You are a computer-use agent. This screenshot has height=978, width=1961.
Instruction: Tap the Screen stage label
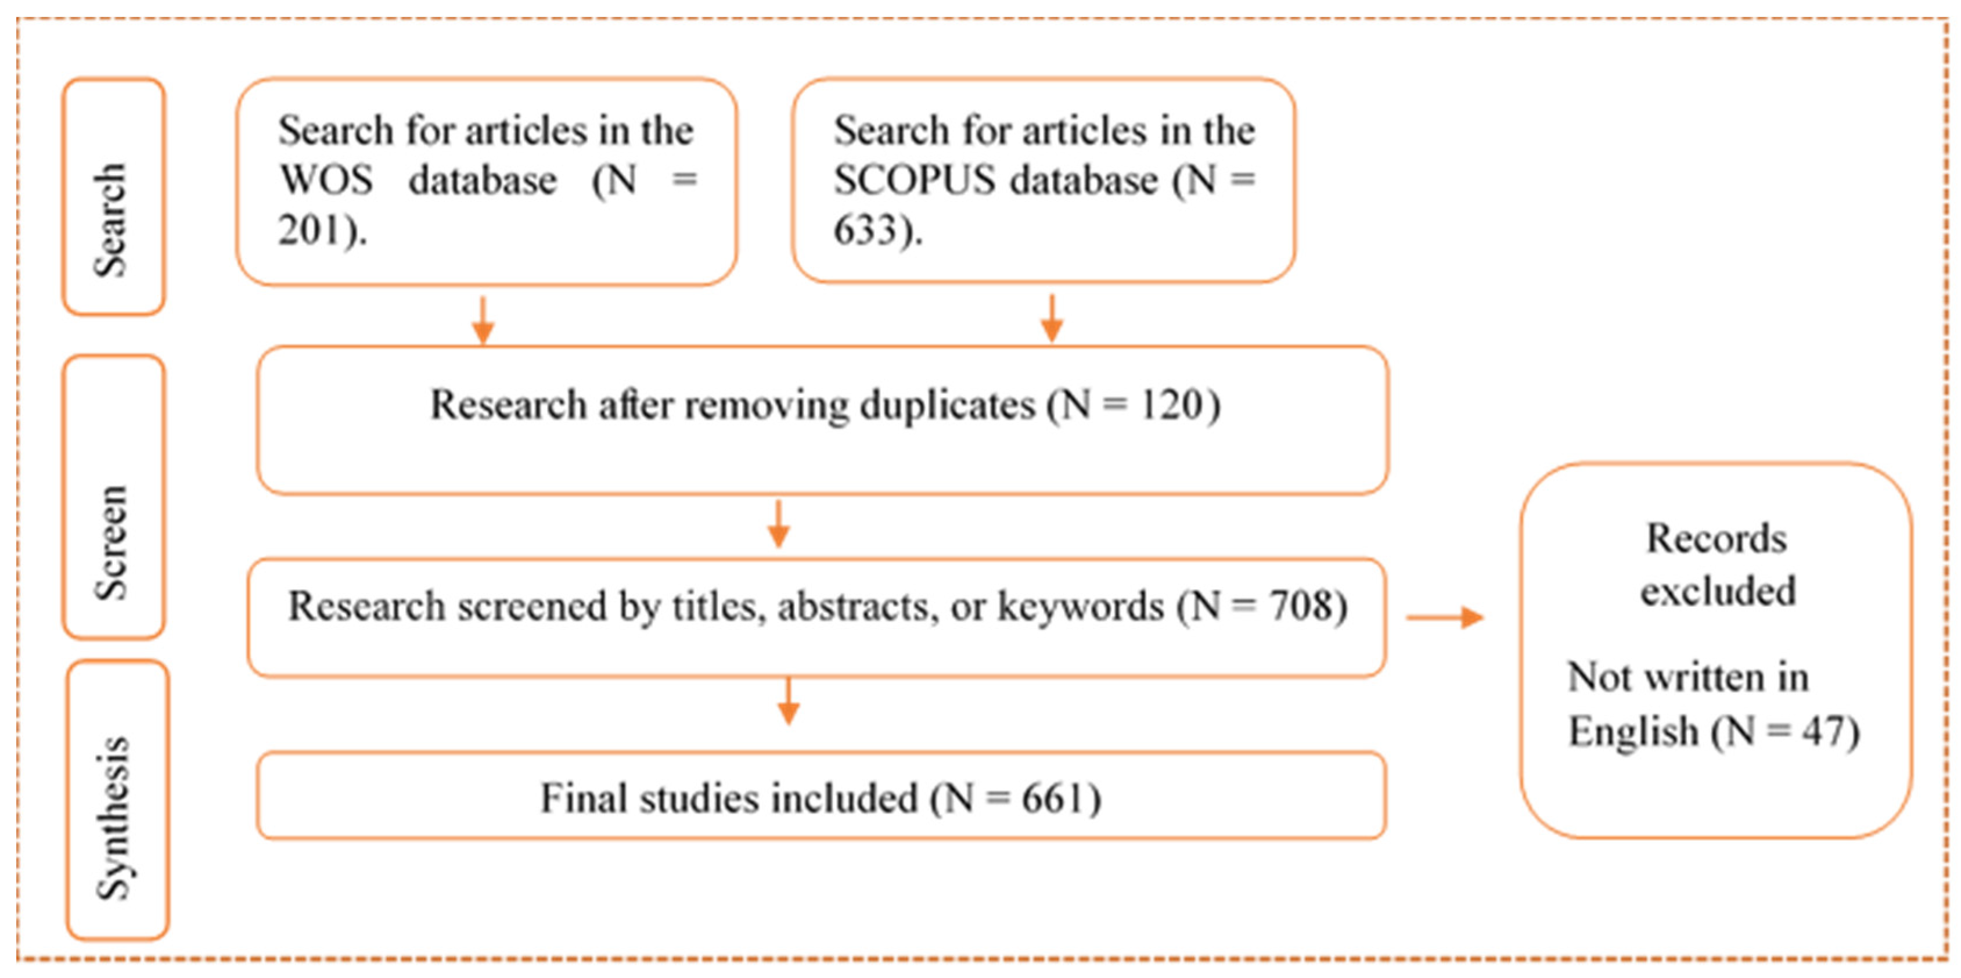[111, 542]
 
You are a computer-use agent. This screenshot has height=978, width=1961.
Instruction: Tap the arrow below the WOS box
[483, 321]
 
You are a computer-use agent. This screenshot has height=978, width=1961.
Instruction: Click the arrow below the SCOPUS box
[1051, 319]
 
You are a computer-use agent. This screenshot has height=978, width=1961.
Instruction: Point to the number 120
[1172, 405]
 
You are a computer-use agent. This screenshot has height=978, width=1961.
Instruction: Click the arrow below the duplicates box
[778, 524]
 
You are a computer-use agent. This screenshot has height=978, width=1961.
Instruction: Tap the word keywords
[1081, 606]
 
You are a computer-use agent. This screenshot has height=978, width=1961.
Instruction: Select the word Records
[1717, 539]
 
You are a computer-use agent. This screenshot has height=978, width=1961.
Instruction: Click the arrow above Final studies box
[788, 701]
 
